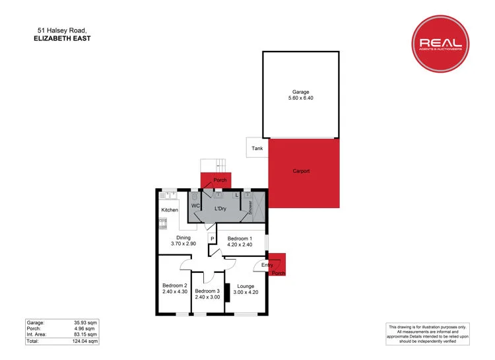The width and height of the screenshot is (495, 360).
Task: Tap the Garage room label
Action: [x=301, y=92]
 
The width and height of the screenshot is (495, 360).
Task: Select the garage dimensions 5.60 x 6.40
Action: [x=301, y=98]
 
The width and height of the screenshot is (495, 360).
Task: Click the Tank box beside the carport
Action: [x=257, y=148]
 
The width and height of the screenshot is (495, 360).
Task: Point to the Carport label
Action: [x=301, y=171]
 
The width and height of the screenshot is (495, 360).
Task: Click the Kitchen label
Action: [x=170, y=210]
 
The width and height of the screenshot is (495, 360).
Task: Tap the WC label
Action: [x=195, y=205]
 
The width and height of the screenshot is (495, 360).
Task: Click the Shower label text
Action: [x=250, y=207]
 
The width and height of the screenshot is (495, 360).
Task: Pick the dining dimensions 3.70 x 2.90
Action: [x=183, y=244]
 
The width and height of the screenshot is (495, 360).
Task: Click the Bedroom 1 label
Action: [x=240, y=238]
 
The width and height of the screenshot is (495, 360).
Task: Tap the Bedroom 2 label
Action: [x=175, y=285]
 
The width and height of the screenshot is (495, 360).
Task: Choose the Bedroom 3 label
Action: [x=207, y=291]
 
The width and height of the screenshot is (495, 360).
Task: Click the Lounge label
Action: [x=246, y=286]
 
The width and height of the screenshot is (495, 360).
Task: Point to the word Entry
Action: [x=267, y=265]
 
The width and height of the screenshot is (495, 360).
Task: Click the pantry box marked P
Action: [x=213, y=238]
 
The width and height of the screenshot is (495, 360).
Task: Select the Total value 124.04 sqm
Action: [x=86, y=342]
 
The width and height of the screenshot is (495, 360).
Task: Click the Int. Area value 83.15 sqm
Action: [x=86, y=335]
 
